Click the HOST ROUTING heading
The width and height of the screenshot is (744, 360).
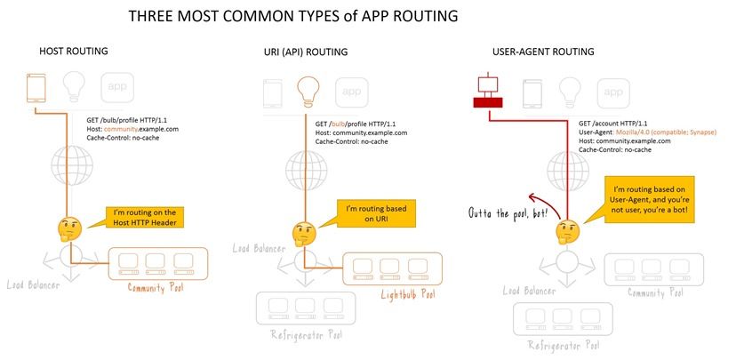pos(75,52)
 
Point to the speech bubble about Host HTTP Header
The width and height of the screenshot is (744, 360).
pos(145,218)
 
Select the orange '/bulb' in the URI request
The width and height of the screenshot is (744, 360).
pos(339,123)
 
